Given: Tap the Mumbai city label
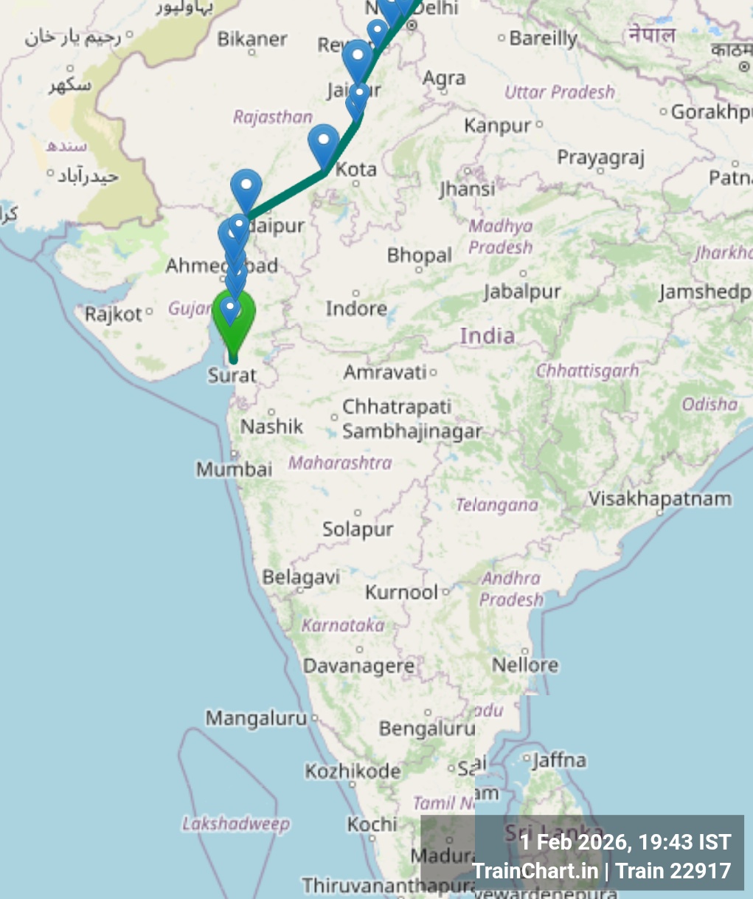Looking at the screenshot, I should click(234, 469).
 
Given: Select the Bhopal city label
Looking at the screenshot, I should click(419, 256).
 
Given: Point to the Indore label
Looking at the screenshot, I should click(356, 308).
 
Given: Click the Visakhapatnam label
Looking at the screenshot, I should click(659, 499).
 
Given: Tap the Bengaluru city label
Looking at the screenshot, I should click(427, 728).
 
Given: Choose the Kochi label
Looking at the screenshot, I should click(372, 824).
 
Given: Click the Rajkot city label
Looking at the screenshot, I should click(114, 314).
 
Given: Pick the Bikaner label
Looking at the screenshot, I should click(252, 39).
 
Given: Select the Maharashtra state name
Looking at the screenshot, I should click(340, 463).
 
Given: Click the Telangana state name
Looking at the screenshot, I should click(496, 505).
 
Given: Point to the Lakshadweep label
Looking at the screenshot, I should click(236, 824).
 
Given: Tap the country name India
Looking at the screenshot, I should click(487, 336).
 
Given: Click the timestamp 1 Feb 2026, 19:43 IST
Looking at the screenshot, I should click(625, 842).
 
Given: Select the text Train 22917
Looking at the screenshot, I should click(673, 871).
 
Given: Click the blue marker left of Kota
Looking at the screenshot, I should click(323, 144).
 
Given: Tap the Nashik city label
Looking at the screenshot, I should click(271, 426).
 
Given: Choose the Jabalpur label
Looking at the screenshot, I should click(522, 292).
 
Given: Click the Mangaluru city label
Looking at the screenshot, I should click(256, 717).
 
